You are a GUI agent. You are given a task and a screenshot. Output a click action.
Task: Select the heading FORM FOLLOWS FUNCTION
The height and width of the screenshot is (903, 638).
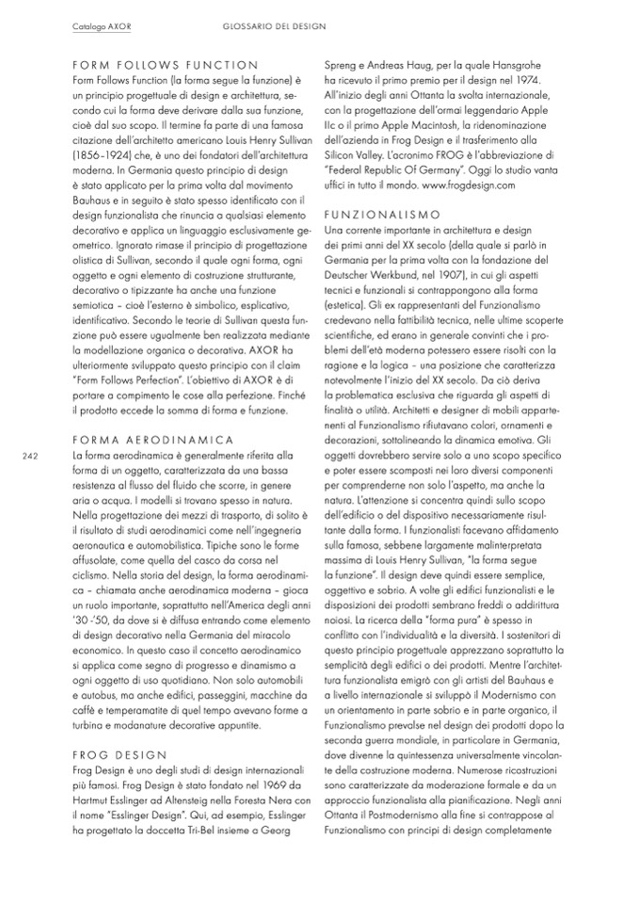[x=165, y=65]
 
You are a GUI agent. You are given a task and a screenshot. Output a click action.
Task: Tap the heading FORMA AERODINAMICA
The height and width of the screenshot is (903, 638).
[x=152, y=439]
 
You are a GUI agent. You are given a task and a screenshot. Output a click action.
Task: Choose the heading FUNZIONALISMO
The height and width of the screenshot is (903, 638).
[x=382, y=215]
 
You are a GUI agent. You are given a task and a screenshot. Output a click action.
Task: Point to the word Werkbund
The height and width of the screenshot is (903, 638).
[x=391, y=273]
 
